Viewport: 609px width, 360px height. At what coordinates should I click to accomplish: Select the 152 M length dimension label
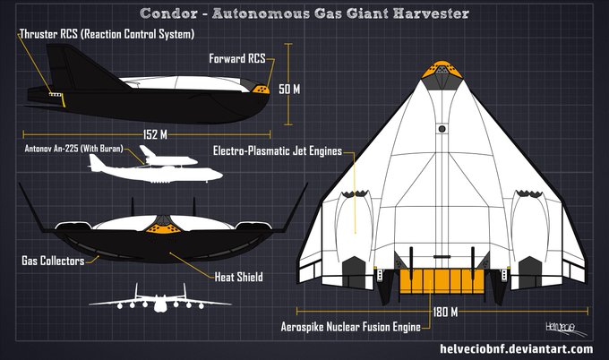[x=154, y=134]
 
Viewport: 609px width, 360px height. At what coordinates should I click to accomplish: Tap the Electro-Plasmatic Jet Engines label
[x=279, y=150]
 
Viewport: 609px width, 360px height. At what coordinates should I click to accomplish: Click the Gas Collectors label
[x=53, y=261]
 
